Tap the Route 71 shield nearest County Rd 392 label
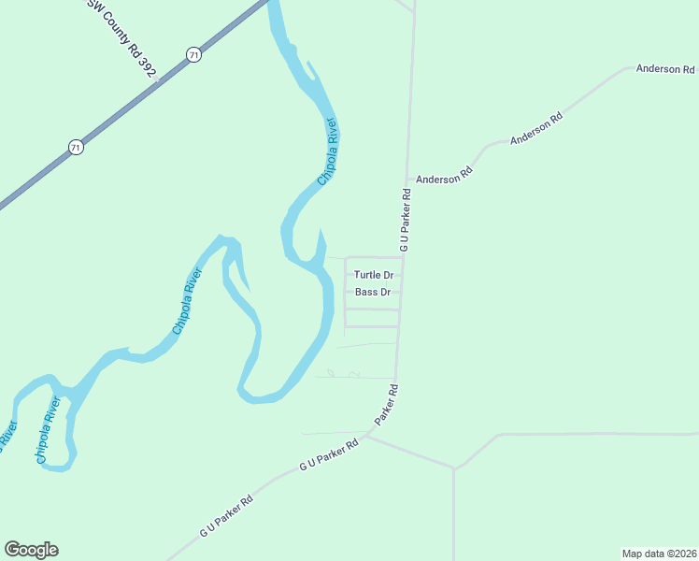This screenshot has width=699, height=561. pyautogui.click(x=193, y=54)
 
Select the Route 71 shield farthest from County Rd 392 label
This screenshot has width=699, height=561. pyautogui.click(x=76, y=147)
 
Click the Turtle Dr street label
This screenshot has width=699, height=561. pyautogui.click(x=373, y=275)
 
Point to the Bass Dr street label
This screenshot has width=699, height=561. pyautogui.click(x=373, y=293)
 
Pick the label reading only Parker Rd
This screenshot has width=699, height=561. pyautogui.click(x=387, y=405)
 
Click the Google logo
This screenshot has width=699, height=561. pyautogui.click(x=31, y=550)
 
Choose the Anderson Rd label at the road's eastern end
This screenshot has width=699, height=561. pyautogui.click(x=665, y=69)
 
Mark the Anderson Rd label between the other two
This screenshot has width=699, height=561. pyautogui.click(x=536, y=129)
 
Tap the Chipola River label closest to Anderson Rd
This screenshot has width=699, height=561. pyautogui.click(x=326, y=151)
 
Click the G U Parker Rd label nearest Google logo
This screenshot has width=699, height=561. pyautogui.click(x=226, y=515)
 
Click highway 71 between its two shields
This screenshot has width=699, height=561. pyautogui.click(x=135, y=100)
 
